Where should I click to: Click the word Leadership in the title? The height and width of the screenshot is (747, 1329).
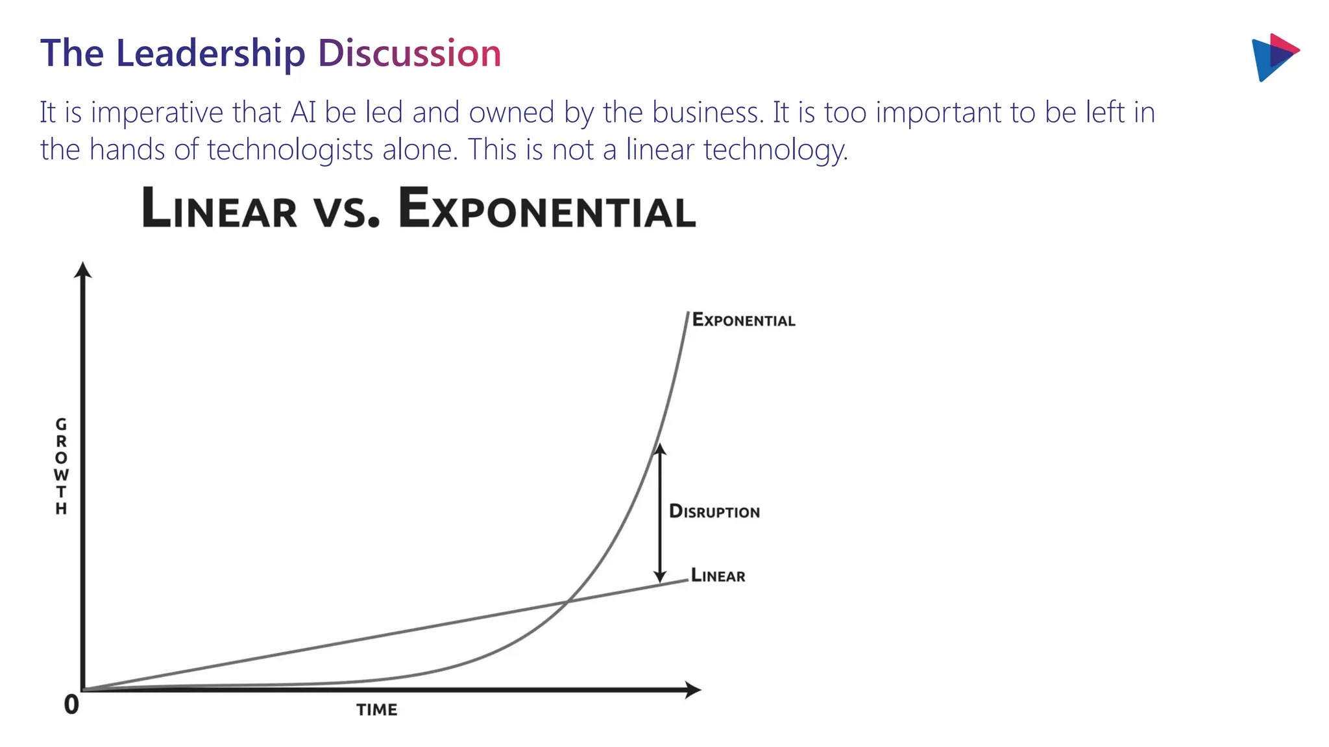click(210, 53)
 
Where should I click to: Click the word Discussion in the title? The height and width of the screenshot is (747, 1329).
click(409, 53)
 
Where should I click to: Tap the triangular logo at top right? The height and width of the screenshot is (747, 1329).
click(1273, 57)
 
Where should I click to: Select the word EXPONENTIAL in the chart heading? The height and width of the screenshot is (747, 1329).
click(546, 209)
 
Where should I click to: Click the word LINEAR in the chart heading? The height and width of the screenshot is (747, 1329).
click(219, 209)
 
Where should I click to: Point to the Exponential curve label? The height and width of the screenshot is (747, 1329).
click(743, 320)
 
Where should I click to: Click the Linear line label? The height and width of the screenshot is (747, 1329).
click(718, 575)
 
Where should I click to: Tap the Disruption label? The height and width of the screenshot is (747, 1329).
click(714, 511)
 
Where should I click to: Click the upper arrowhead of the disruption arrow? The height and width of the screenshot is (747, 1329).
click(659, 449)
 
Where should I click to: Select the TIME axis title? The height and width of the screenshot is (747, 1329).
click(376, 709)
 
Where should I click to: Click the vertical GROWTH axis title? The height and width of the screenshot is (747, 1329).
click(61, 466)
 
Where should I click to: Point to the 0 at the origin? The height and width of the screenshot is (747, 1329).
click(71, 704)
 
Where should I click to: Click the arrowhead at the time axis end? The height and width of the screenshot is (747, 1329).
click(694, 689)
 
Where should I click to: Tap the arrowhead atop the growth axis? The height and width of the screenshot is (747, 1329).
click(82, 269)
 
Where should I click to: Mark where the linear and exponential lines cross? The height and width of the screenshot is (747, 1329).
click(567, 603)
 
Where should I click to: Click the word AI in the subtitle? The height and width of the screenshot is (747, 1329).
click(303, 112)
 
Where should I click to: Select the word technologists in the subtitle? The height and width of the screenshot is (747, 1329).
click(290, 150)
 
